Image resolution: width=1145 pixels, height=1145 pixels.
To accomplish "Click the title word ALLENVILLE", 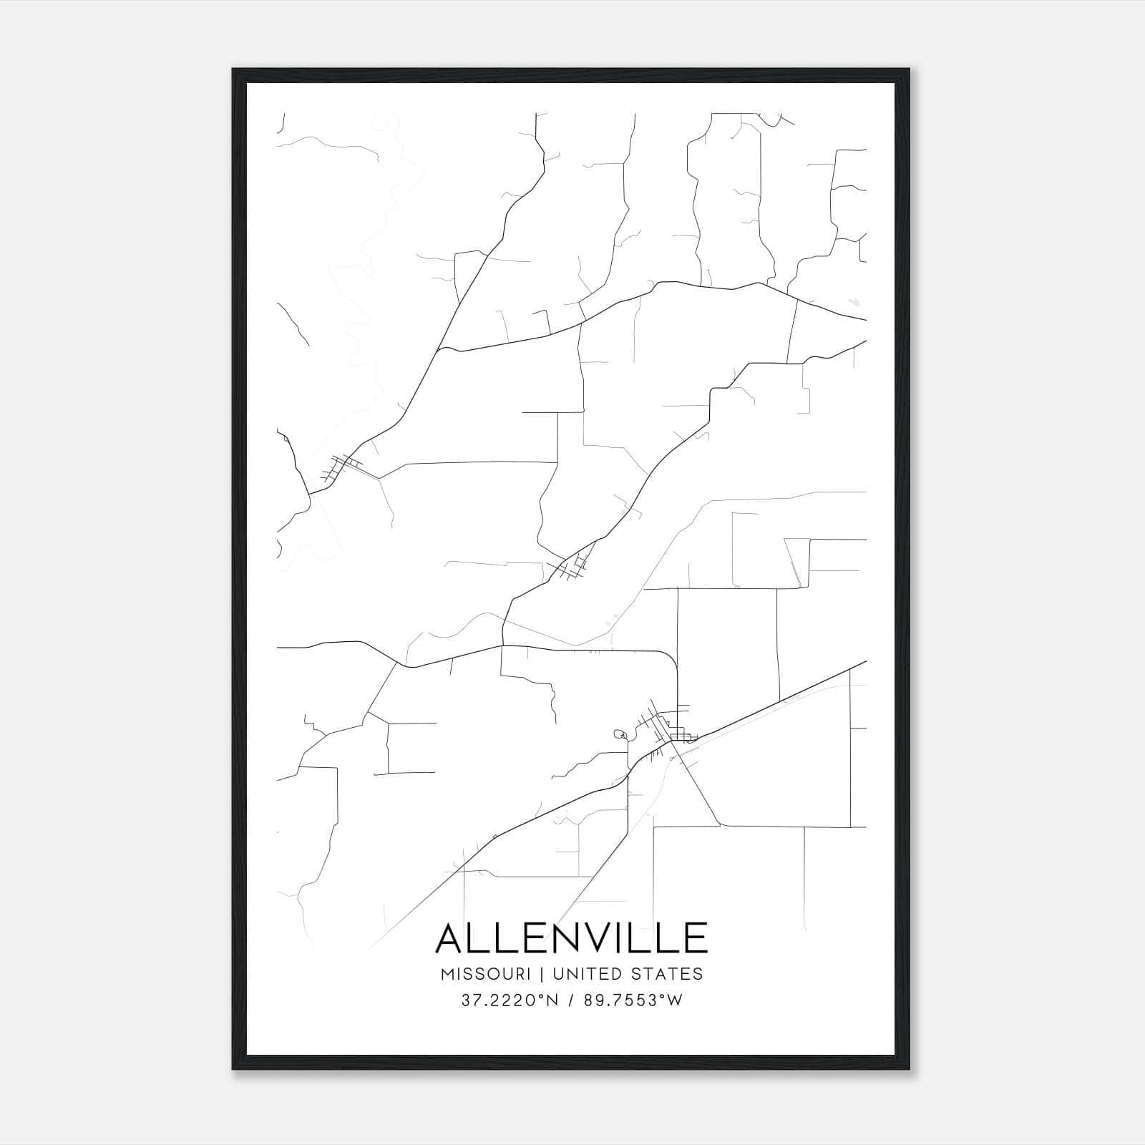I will point(571,937).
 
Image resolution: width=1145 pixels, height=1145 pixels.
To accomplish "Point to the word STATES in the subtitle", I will point(668,974).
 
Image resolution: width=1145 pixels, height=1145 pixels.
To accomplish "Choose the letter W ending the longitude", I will point(675,1000).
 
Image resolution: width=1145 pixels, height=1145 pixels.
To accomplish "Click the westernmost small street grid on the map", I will point(340,467).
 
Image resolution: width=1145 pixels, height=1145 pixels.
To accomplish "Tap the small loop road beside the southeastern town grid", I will point(620,734).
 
